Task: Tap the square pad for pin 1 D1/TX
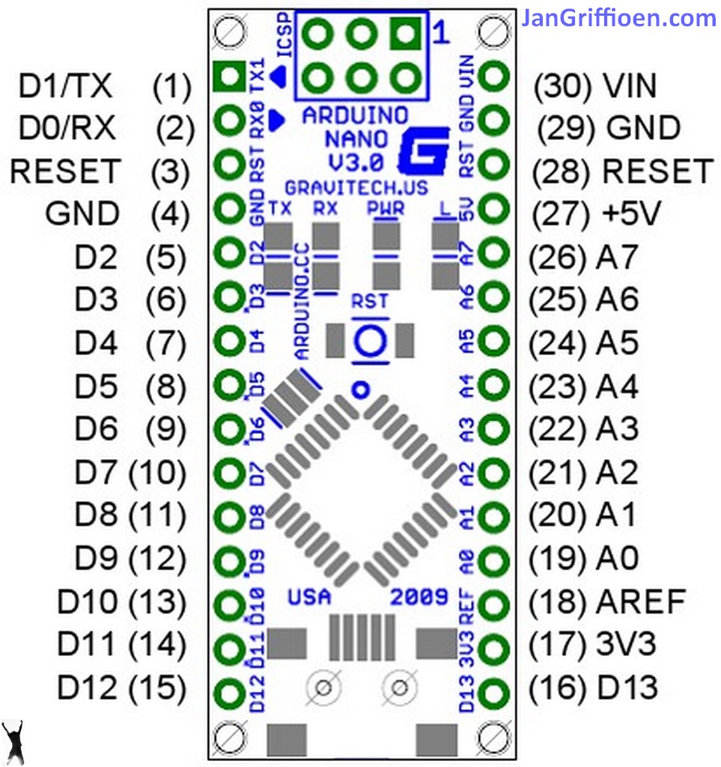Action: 227,75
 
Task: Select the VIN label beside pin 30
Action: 629,87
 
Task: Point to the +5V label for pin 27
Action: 630,216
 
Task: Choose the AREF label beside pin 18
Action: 641,601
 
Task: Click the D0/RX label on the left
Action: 67,128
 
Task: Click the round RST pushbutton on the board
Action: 369,340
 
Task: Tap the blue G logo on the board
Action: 423,151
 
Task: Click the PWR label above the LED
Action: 386,208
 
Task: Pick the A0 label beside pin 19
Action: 618,558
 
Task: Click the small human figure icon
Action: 13,742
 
